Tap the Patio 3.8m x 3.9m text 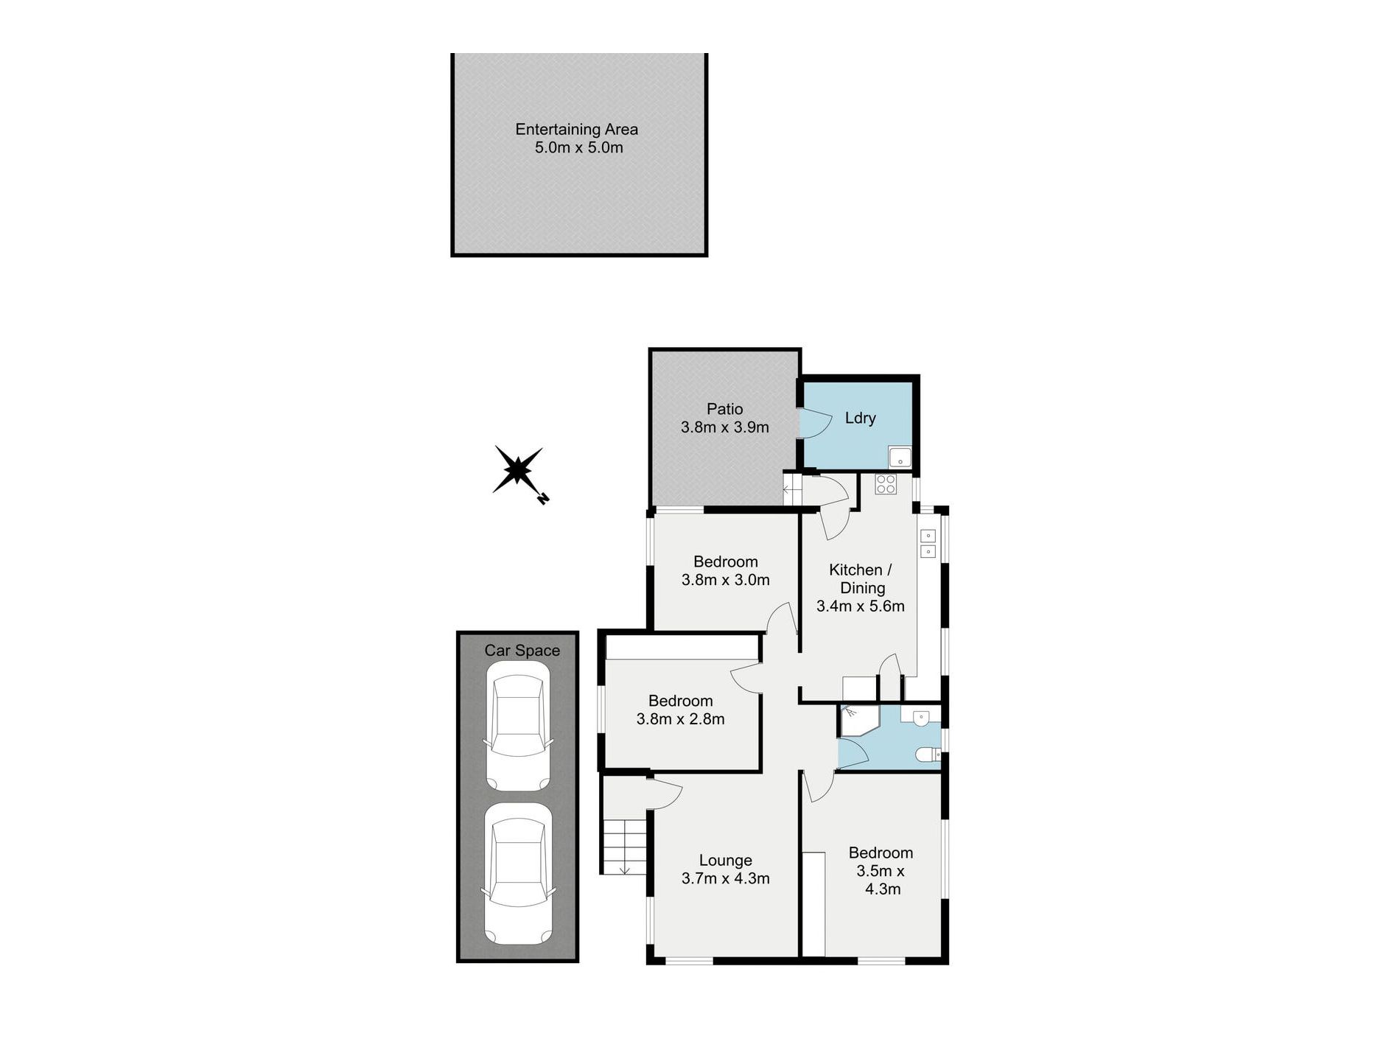(x=724, y=419)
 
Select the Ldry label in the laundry (x=860, y=419)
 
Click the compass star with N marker (x=519, y=472)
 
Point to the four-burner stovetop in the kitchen (x=886, y=484)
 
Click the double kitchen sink (x=928, y=543)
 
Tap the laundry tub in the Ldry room (x=900, y=458)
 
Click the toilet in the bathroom (x=927, y=755)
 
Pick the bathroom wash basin (x=920, y=717)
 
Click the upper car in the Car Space (x=518, y=727)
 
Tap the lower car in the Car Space (x=518, y=875)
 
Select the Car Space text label (x=522, y=651)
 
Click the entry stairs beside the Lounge (x=625, y=846)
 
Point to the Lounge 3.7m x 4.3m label (x=725, y=869)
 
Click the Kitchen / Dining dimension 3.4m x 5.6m (x=860, y=606)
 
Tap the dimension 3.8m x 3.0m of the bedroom (x=725, y=580)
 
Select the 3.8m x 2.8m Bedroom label (x=680, y=710)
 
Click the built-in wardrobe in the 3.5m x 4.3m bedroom (x=813, y=904)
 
